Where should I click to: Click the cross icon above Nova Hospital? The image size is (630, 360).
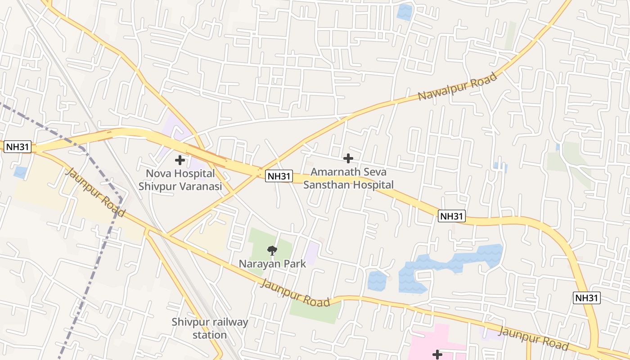[x=180, y=160]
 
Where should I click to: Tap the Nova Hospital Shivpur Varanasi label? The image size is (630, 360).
[x=180, y=180]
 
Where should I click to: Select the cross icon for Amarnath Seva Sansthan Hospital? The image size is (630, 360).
[x=348, y=158]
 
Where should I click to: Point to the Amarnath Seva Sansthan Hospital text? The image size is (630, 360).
[x=348, y=178]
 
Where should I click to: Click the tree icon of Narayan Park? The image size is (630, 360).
[x=272, y=251]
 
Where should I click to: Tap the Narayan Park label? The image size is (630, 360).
[x=272, y=264]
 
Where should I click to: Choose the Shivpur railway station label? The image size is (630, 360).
[x=210, y=328]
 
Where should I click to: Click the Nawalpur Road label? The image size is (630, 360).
[x=457, y=86]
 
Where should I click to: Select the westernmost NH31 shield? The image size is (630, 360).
[x=18, y=147]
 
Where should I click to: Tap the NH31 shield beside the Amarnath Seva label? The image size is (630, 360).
[x=279, y=176]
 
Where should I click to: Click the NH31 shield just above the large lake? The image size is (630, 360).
[x=451, y=216]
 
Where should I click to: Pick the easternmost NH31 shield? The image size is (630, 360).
[x=587, y=297]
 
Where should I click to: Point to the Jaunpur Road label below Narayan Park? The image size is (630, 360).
[x=295, y=293]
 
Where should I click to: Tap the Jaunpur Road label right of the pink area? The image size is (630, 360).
[x=533, y=338]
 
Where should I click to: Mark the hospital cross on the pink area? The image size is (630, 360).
[x=437, y=355]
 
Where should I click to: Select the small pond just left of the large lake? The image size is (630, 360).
[x=377, y=280]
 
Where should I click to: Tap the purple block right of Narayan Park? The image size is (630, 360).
[x=311, y=253]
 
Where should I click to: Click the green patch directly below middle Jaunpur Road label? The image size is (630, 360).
[x=315, y=313]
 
